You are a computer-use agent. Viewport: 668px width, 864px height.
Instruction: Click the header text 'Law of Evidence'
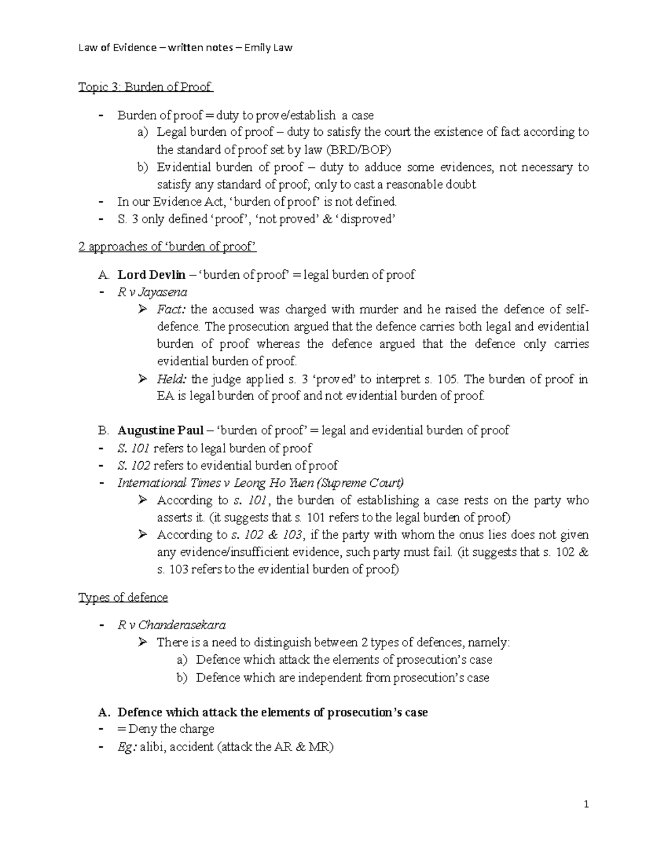pos(117,47)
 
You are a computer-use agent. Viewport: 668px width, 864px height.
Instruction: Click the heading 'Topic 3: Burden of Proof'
pos(145,87)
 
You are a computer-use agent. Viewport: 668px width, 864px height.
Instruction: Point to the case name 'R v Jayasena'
pos(152,292)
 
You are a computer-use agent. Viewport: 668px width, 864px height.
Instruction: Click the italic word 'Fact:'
pos(173,309)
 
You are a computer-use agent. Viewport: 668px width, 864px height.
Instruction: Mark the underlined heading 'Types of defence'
pos(123,598)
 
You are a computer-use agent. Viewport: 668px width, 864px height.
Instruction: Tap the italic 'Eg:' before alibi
pos(127,747)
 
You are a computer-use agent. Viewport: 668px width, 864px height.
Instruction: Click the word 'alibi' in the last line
pos(152,747)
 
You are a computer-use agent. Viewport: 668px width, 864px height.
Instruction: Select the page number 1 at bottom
pos(586,804)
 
